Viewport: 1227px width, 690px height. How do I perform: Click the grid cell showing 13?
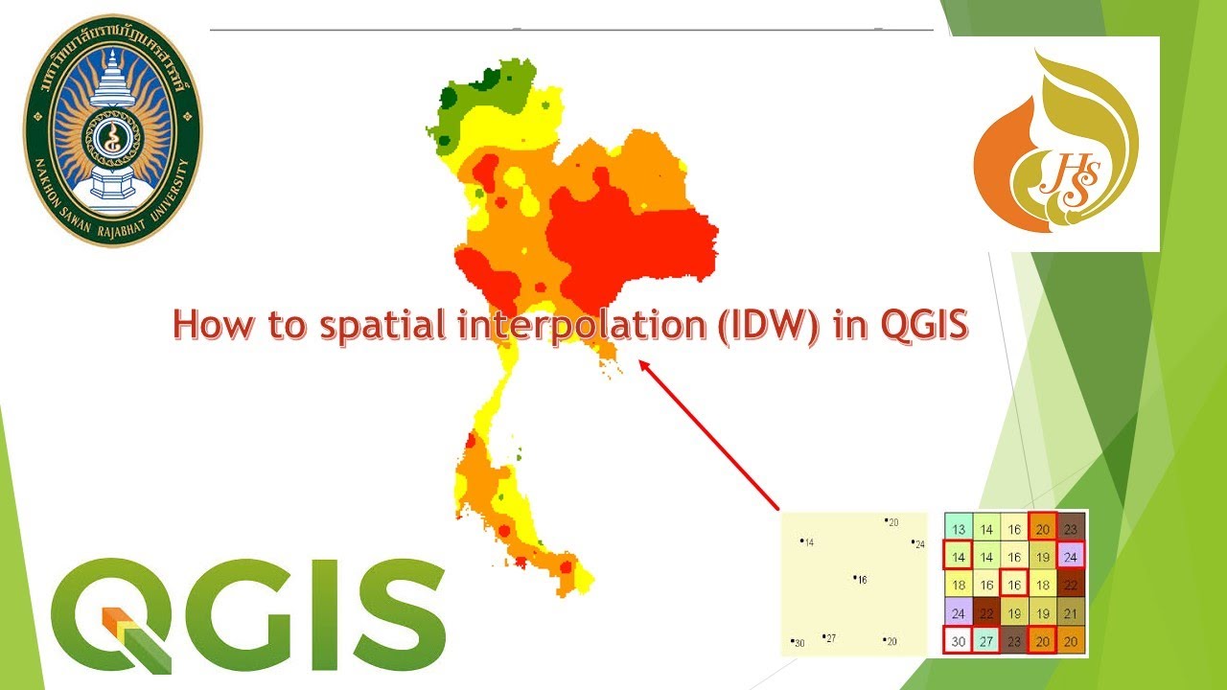(x=958, y=529)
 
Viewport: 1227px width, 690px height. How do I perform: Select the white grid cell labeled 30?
(x=958, y=642)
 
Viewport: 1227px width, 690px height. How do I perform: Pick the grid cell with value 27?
(x=986, y=642)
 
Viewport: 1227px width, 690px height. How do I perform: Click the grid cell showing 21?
(x=1072, y=614)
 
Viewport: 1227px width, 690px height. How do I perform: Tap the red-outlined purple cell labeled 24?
(x=1072, y=557)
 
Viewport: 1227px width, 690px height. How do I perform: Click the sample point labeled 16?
(x=855, y=577)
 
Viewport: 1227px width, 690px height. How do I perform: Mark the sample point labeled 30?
(x=792, y=640)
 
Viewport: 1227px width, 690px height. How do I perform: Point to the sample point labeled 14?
(x=801, y=540)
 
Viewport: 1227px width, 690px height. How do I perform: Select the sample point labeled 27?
(x=824, y=635)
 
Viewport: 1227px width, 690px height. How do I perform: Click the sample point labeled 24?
(x=914, y=541)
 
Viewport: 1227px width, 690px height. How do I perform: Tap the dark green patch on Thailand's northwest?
(x=449, y=97)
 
